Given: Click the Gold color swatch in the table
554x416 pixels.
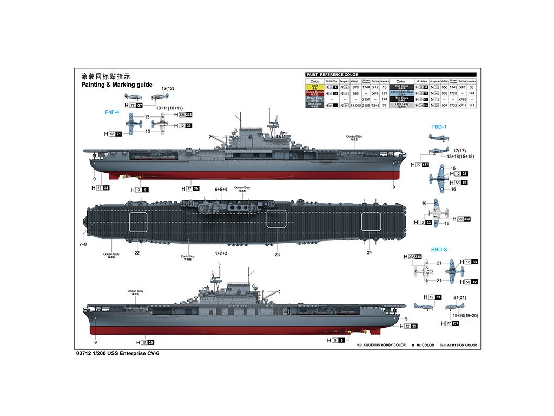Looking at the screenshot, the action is [x=314, y=87].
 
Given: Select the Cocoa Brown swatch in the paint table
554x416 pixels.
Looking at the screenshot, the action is [x=314, y=93].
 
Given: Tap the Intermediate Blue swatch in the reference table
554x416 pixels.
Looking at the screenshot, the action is [x=401, y=93].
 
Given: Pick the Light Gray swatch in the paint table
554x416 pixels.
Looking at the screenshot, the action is [x=401, y=105].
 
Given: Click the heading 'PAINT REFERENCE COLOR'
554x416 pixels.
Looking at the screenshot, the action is [x=332, y=75].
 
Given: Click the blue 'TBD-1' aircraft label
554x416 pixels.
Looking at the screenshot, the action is [x=438, y=126].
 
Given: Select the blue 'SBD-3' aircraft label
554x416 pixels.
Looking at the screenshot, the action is [x=438, y=250].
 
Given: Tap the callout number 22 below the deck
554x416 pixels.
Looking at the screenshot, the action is [x=137, y=252].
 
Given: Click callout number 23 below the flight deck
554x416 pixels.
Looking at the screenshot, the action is [x=277, y=254].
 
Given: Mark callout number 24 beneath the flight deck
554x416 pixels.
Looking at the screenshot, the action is [x=369, y=252].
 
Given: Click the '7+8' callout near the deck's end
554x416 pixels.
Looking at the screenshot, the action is [x=82, y=244].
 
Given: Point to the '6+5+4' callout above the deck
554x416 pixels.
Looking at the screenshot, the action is [x=221, y=189].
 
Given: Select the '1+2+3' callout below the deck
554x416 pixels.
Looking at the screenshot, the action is [x=221, y=253].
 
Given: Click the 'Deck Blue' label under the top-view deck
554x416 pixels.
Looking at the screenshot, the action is [x=188, y=256].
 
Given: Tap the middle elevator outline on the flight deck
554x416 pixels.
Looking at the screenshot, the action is [x=276, y=218].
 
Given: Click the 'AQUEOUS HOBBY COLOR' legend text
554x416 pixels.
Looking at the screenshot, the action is [x=385, y=345].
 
